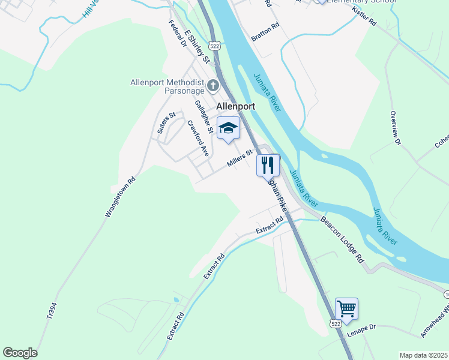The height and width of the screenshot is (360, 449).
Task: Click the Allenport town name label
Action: (235, 106)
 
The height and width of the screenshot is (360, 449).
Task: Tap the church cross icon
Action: (213, 86)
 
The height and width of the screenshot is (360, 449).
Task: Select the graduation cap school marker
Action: (228, 128)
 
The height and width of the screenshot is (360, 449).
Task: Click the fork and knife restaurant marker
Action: (268, 164)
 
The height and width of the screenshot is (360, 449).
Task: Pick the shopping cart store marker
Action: (346, 309)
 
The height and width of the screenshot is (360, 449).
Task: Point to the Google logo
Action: (20, 353)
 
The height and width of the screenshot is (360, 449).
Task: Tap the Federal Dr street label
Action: (178, 35)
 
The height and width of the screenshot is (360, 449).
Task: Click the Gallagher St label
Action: (204, 116)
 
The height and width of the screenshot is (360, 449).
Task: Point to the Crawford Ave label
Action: (197, 139)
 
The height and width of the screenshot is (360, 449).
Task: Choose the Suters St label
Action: (166, 122)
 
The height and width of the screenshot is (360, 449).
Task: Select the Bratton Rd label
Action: (266, 32)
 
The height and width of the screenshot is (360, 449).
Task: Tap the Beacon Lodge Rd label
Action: (343, 239)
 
